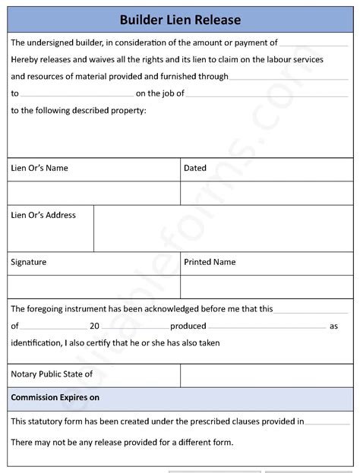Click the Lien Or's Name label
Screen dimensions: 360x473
(x=39, y=169)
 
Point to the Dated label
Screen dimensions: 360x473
(x=195, y=169)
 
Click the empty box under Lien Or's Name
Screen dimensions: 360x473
(x=93, y=192)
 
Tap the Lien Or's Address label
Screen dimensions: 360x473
(x=43, y=216)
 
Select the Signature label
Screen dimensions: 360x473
(x=29, y=262)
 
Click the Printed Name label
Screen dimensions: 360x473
(x=210, y=262)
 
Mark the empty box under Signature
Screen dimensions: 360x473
(x=93, y=285)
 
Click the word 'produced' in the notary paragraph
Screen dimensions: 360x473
(x=188, y=326)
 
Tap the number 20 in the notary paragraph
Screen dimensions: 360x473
(x=95, y=326)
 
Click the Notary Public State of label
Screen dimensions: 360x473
(x=52, y=374)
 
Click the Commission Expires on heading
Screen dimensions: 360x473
(x=55, y=398)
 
